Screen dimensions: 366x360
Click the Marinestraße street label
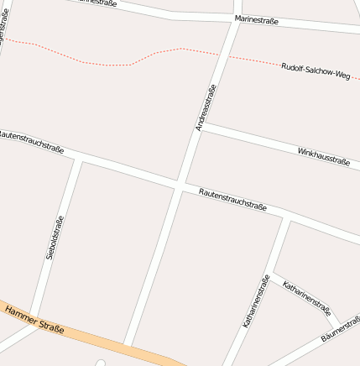click(x=257, y=19)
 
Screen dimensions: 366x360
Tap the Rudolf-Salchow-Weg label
click(x=316, y=71)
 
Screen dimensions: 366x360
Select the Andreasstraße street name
click(x=206, y=107)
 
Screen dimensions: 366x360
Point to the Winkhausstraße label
click(x=324, y=155)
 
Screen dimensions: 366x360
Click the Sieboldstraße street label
click(x=55, y=238)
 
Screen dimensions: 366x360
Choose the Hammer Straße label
click(x=34, y=320)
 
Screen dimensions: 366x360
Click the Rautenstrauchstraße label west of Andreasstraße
click(x=32, y=141)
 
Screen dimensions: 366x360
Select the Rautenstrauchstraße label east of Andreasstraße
click(x=233, y=200)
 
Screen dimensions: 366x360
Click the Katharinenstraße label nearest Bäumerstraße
click(x=307, y=298)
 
